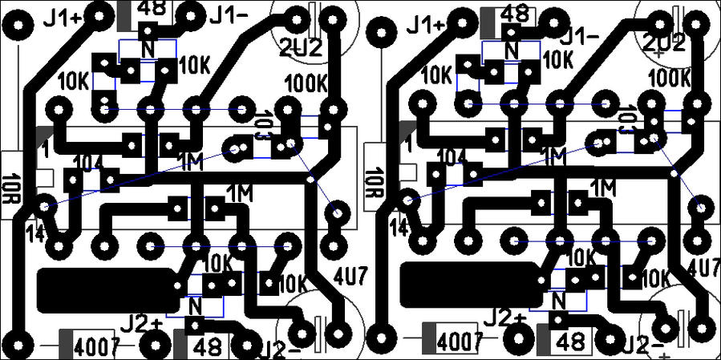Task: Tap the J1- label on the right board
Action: (x=581, y=36)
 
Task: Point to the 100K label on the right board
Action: (x=669, y=78)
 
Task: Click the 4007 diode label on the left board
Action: (x=96, y=346)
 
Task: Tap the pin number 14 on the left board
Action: (x=35, y=233)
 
